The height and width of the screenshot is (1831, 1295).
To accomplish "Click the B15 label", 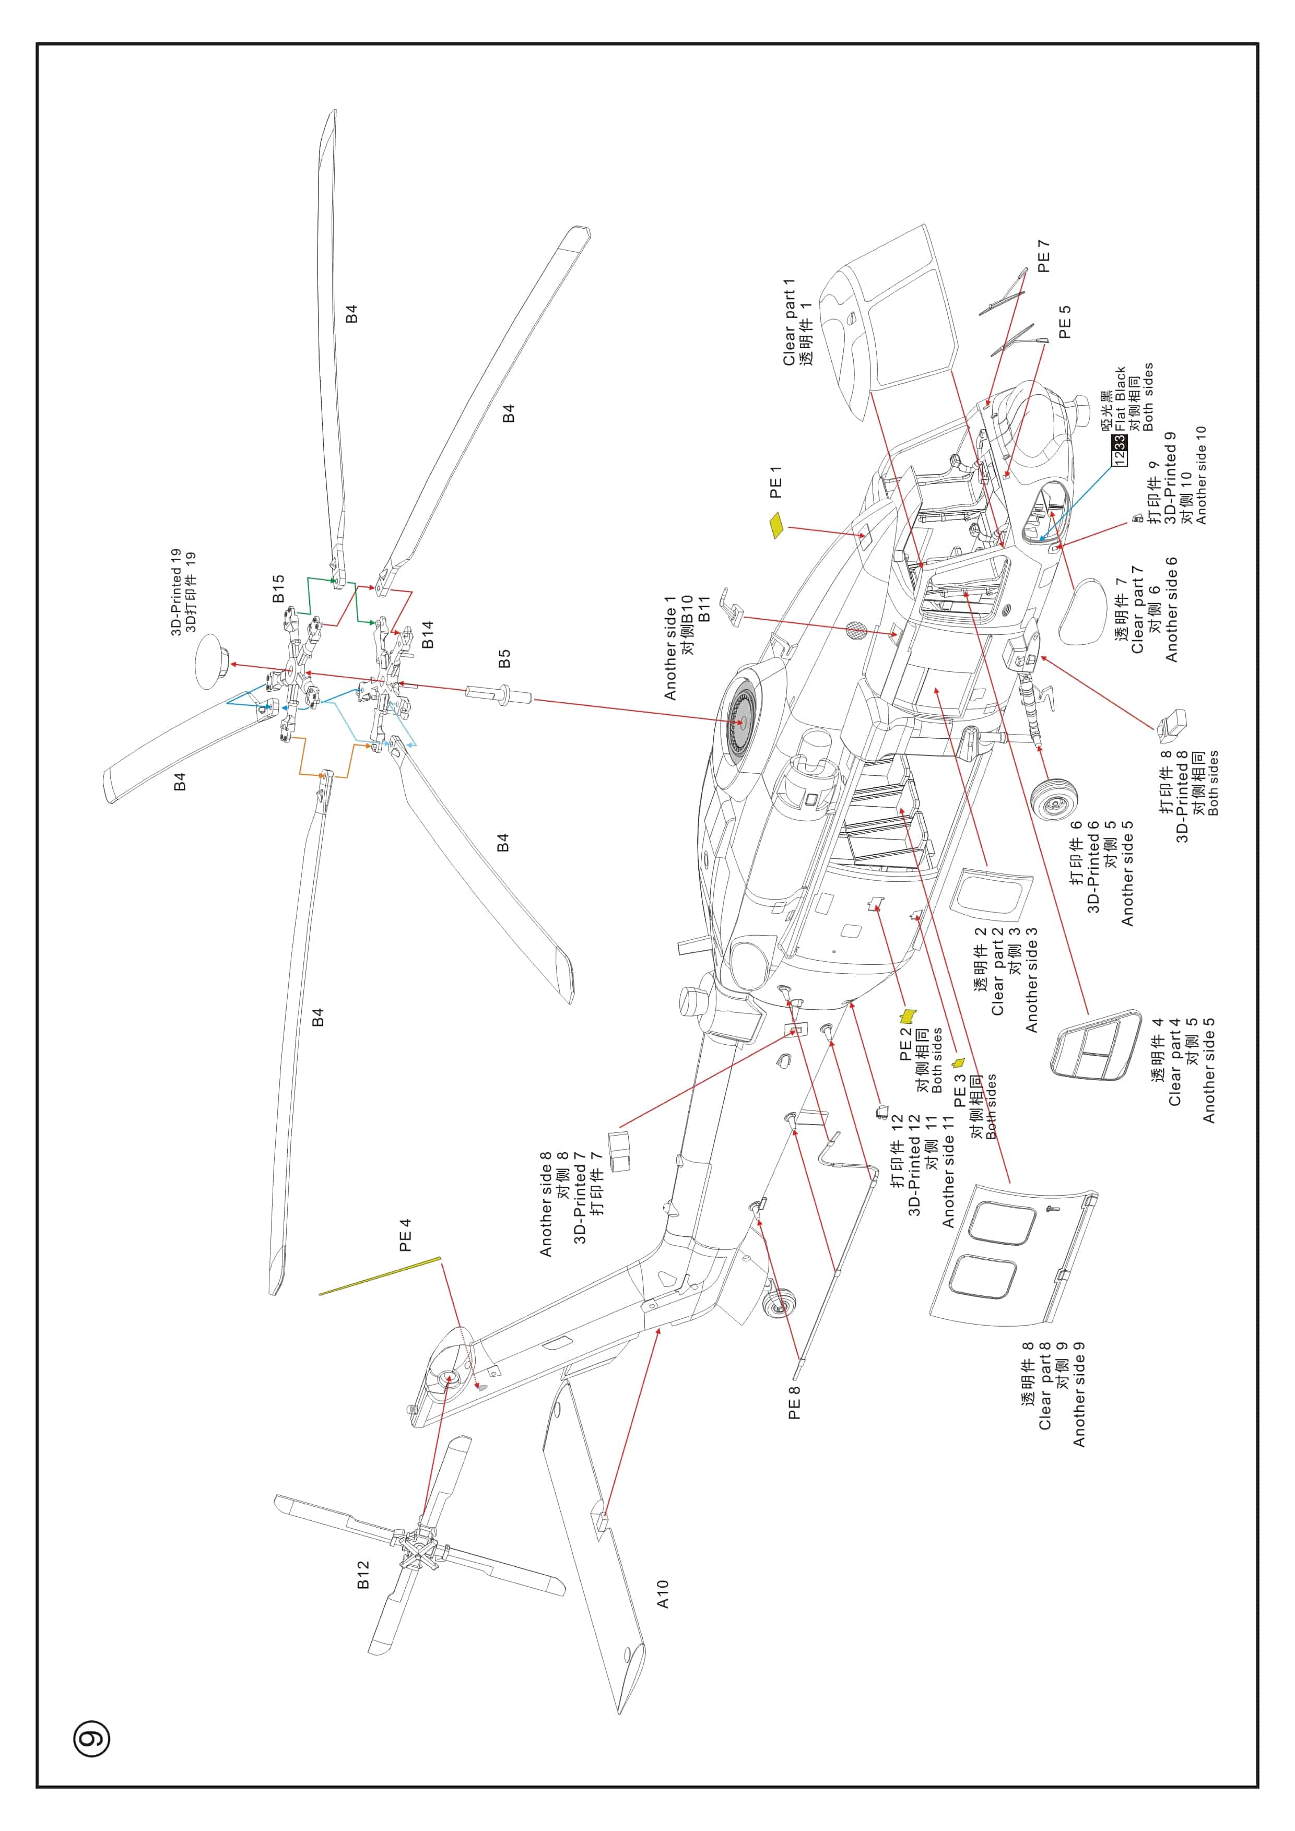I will pos(277,588).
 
